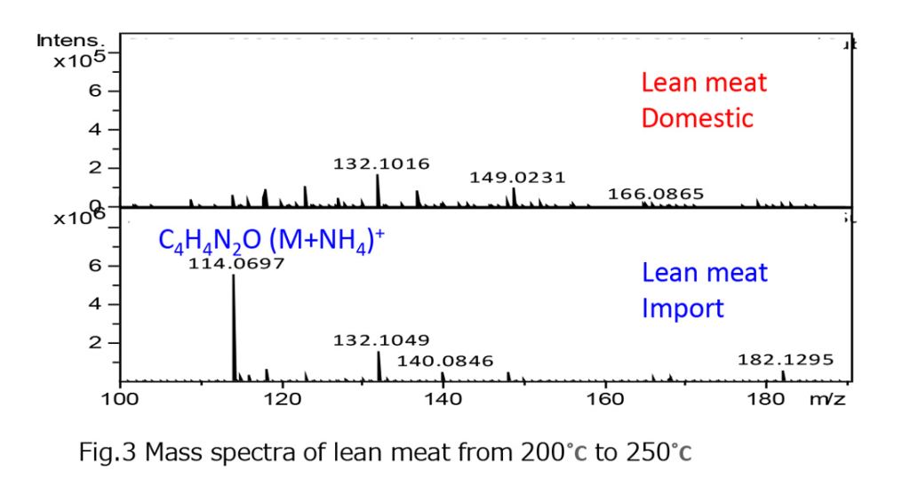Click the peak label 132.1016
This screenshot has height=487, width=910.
click(381, 164)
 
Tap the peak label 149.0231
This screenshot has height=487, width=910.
click(517, 177)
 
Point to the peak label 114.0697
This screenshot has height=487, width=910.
click(236, 262)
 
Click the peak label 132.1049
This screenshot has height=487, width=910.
click(381, 339)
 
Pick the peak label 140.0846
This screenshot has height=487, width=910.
click(445, 361)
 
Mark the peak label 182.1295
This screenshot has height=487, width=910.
click(786, 360)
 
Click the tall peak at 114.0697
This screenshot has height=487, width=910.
click(234, 329)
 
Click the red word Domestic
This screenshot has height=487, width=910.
click(698, 118)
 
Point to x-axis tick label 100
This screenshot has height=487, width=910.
click(120, 399)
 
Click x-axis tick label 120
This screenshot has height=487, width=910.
click(282, 399)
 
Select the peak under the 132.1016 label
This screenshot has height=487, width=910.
click(378, 189)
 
